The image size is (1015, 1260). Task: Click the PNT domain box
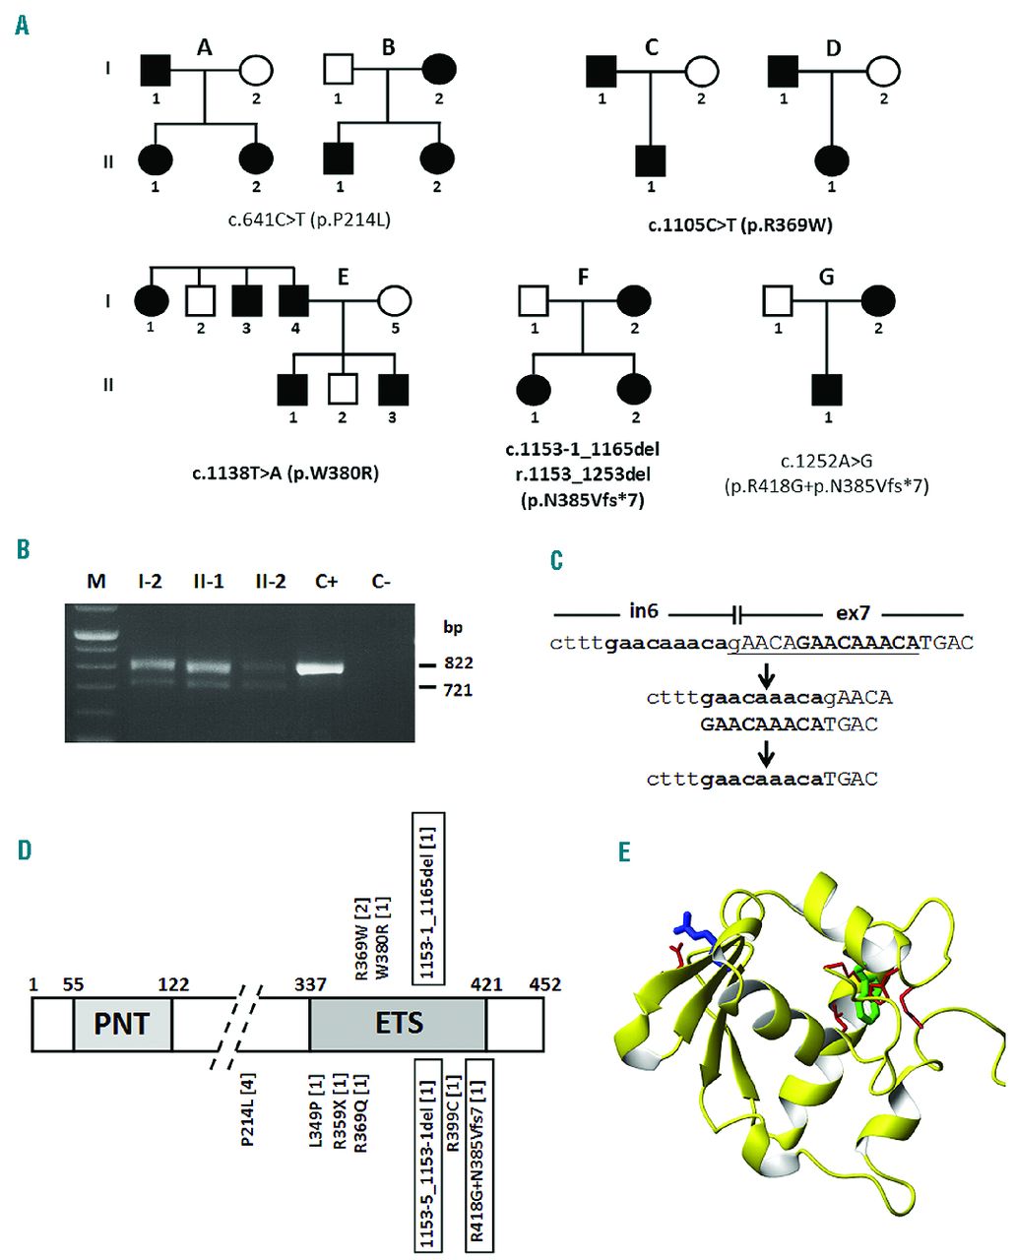click(x=122, y=1023)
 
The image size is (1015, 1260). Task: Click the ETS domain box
click(x=398, y=1023)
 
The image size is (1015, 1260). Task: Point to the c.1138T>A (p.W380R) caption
click(x=285, y=473)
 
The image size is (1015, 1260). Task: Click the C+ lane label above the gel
click(x=327, y=582)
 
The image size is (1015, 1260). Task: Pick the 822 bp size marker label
click(x=458, y=664)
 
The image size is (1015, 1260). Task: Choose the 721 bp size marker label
click(x=458, y=690)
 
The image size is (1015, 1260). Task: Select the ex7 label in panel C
click(x=853, y=611)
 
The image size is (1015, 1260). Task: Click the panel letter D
click(x=24, y=849)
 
